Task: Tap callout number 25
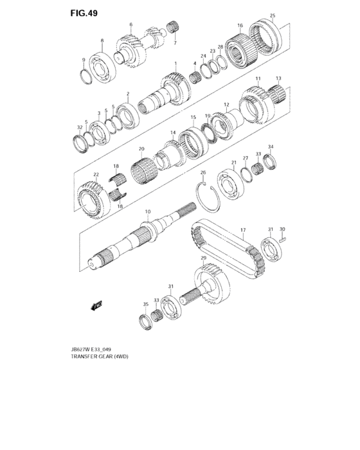(273, 15)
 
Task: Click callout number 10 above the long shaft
(147, 212)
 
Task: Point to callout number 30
(282, 228)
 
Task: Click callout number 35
(146, 304)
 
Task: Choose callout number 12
(226, 104)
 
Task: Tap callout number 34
(271, 147)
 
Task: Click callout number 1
(175, 64)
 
